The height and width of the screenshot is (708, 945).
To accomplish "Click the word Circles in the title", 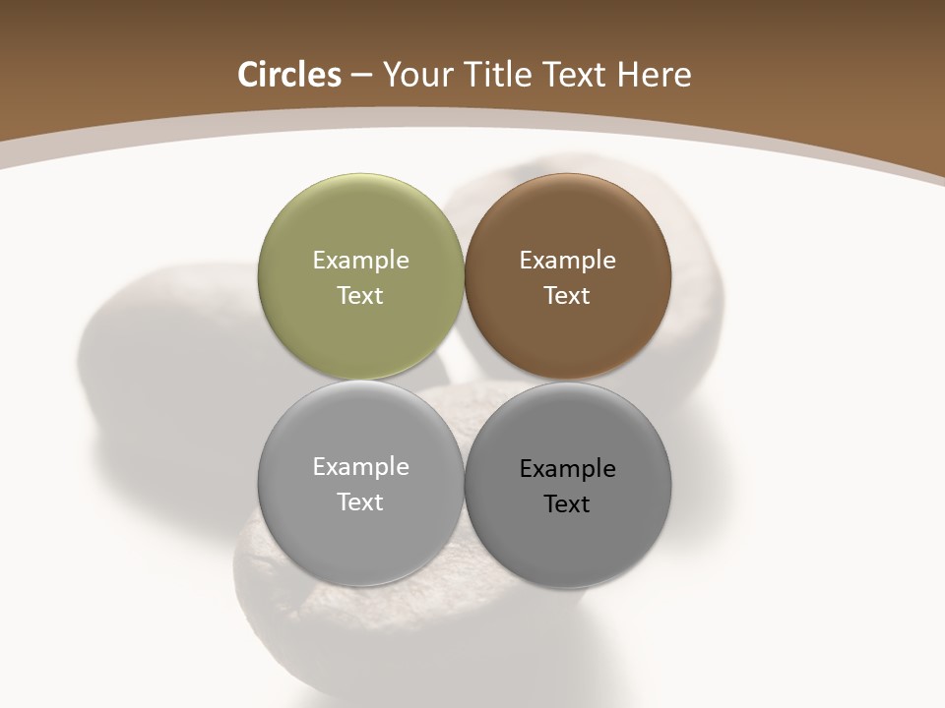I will [288, 75].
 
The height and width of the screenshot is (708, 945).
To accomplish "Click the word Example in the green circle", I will [360, 261].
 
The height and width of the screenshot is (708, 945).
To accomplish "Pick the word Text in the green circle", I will [360, 296].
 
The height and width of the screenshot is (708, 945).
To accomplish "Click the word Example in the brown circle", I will [568, 261].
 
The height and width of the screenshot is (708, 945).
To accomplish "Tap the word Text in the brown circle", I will [568, 296].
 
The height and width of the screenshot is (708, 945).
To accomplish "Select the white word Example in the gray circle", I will [360, 467].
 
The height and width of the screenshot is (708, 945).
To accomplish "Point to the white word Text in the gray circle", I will [360, 502].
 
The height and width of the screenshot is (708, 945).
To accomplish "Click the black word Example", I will [568, 469].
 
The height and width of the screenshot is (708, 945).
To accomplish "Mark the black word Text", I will [568, 504].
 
